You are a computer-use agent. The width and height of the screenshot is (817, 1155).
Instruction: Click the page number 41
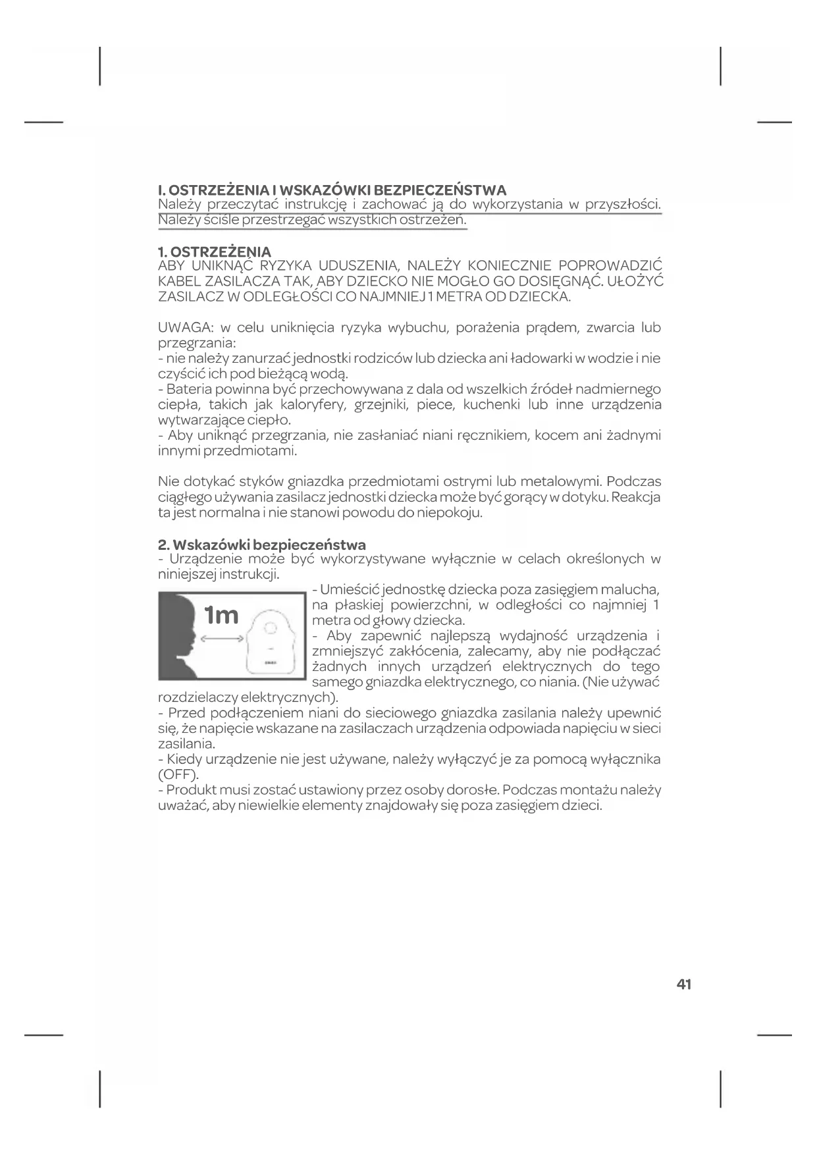(x=683, y=985)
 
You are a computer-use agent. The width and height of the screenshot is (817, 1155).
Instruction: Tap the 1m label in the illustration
(x=221, y=615)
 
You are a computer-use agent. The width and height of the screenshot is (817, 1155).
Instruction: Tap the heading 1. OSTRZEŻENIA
(x=215, y=252)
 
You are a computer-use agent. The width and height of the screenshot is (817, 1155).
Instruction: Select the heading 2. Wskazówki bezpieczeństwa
(x=262, y=545)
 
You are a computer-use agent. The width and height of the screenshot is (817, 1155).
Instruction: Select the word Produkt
(x=192, y=790)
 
